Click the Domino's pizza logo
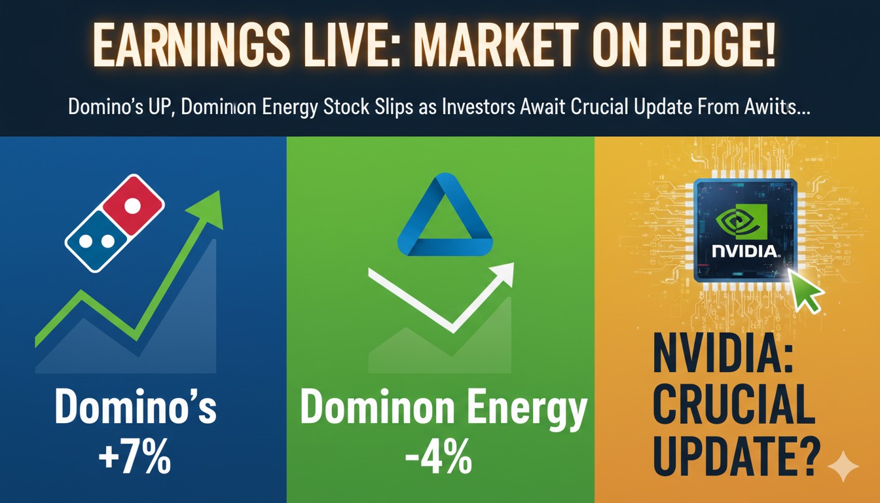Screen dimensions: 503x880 [115, 223]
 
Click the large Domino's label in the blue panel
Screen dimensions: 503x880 [135, 408]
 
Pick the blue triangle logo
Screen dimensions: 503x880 [445, 217]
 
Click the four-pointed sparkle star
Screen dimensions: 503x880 [843, 467]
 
